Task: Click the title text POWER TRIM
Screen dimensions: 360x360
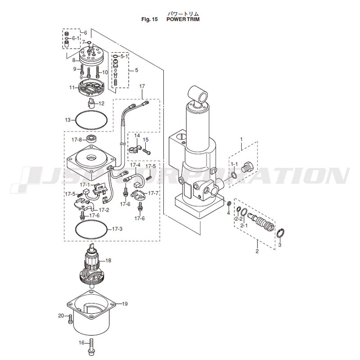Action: pyautogui.click(x=183, y=19)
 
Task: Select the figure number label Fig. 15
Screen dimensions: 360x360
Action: pyautogui.click(x=149, y=19)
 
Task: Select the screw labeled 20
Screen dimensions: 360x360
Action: pyautogui.click(x=70, y=319)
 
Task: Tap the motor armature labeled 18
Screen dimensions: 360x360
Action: pyautogui.click(x=92, y=266)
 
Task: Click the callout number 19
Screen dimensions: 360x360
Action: pyautogui.click(x=125, y=304)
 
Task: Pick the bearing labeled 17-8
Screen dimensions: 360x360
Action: pyautogui.click(x=92, y=139)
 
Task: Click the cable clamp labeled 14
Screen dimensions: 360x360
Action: pyautogui.click(x=134, y=149)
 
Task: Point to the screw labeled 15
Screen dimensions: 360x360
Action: pyautogui.click(x=147, y=151)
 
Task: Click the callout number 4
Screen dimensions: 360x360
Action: pyautogui.click(x=228, y=213)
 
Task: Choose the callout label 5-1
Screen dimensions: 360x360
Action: pyautogui.click(x=124, y=56)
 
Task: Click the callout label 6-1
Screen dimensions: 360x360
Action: pyautogui.click(x=76, y=38)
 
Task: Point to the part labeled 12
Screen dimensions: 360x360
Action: pyautogui.click(x=92, y=103)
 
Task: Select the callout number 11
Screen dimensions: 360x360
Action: pyautogui.click(x=72, y=87)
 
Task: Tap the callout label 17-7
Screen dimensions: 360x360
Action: pyautogui.click(x=153, y=193)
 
